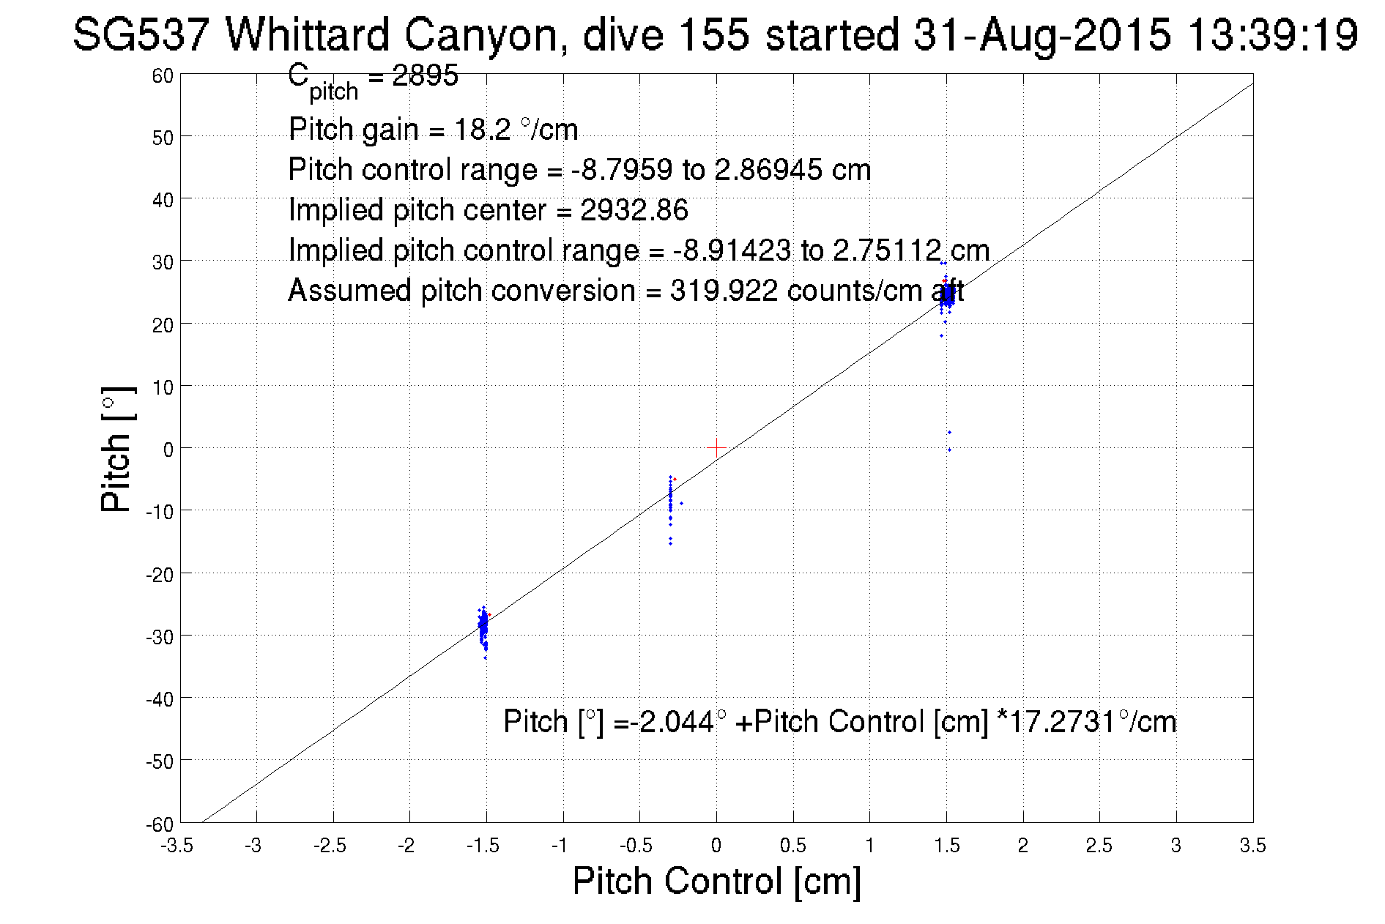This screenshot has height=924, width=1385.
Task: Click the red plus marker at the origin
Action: [x=716, y=447]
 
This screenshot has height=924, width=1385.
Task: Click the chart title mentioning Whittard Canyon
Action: [x=715, y=34]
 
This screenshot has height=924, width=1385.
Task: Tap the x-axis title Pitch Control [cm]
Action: [x=716, y=881]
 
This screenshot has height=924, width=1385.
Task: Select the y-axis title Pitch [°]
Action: [x=117, y=449]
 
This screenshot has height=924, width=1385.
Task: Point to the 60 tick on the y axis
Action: [x=163, y=75]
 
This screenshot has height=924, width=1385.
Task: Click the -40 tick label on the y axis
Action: [x=160, y=699]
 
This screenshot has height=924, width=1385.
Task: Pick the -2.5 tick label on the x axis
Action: [x=330, y=846]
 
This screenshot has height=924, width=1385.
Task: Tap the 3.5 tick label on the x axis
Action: [x=1252, y=846]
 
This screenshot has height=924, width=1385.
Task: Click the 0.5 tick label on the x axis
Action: [x=792, y=846]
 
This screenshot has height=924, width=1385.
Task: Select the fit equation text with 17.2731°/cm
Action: [x=839, y=722]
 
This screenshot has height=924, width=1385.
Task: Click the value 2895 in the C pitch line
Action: [x=425, y=75]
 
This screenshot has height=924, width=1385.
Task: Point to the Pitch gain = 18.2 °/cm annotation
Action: [x=433, y=130]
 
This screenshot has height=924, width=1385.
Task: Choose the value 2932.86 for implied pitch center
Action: [x=634, y=210]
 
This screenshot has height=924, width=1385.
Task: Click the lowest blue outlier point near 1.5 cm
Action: [x=949, y=450]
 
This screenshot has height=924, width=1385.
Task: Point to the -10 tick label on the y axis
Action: [x=160, y=512]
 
